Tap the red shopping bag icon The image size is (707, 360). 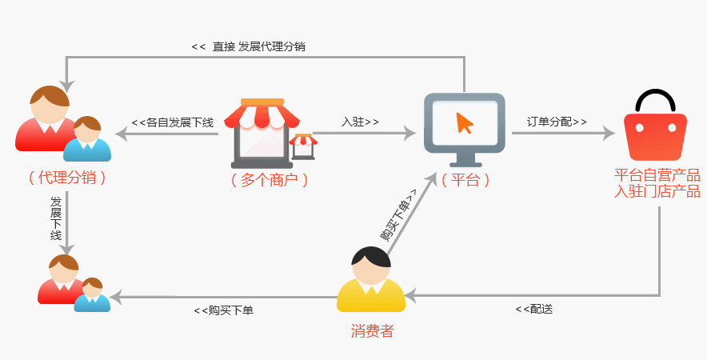pyautogui.click(x=655, y=136)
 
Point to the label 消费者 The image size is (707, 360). pyautogui.click(x=372, y=330)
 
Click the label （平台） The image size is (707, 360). pyautogui.click(x=465, y=180)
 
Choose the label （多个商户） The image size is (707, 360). pyautogui.click(x=269, y=180)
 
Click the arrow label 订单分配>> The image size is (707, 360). pyautogui.click(x=557, y=122)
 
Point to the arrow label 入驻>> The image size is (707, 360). pyautogui.click(x=360, y=122)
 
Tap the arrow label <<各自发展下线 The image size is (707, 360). pyautogui.click(x=173, y=122)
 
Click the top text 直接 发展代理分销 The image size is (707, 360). pyautogui.click(x=258, y=46)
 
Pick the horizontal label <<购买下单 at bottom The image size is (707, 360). pyautogui.click(x=223, y=310)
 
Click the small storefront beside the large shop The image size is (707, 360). pyautogui.click(x=303, y=146)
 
